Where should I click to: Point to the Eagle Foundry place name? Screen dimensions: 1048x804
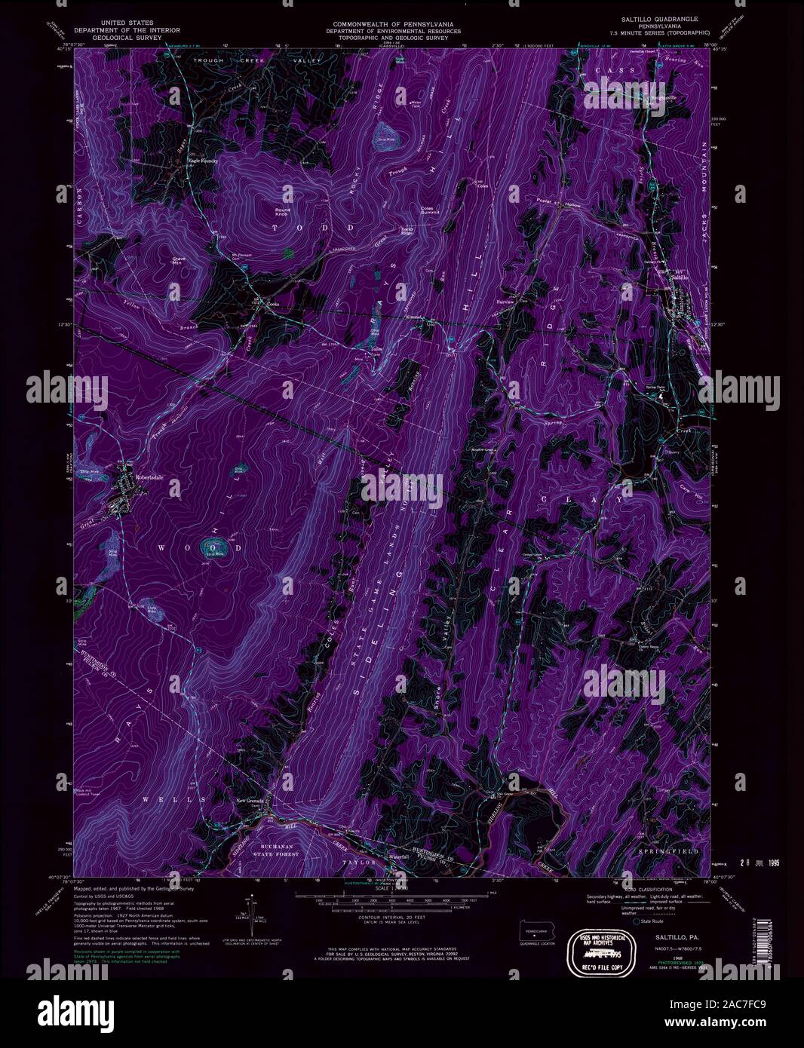tap(201, 160)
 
